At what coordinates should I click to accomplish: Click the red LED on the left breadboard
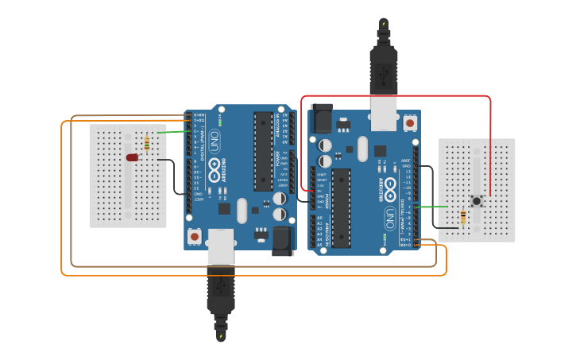point(132,157)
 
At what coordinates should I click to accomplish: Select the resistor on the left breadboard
point(147,144)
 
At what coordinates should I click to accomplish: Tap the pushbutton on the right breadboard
point(476,201)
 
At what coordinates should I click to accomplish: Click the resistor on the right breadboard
point(463,216)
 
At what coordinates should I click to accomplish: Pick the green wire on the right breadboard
point(434,207)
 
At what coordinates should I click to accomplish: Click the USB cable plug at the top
point(384,68)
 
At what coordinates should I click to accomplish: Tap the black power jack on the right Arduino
point(322,118)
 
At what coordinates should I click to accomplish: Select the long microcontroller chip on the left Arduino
point(264,151)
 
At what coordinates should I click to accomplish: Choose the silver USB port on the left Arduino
point(221,246)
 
